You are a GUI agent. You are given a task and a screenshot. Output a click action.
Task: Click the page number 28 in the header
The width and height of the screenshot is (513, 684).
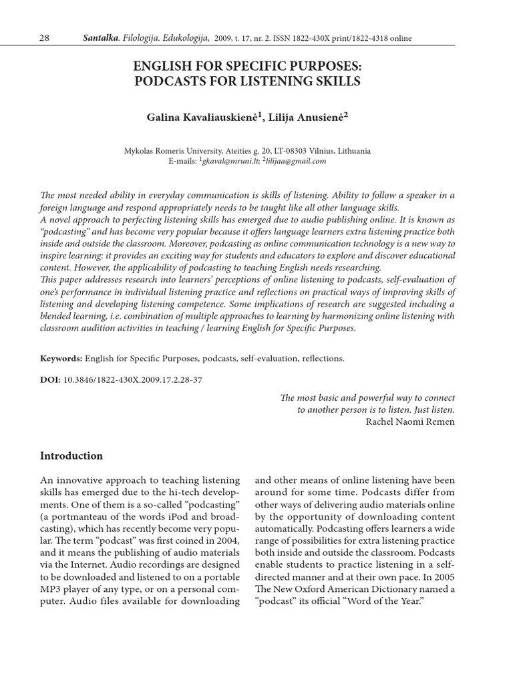click(x=45, y=38)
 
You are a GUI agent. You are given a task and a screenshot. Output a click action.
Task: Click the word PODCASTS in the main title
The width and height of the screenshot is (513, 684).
click(x=176, y=81)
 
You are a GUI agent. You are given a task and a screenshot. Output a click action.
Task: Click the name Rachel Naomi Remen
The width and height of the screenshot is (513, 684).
click(x=411, y=421)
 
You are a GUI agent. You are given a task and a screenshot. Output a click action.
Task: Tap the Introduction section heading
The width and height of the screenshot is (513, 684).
click(x=71, y=456)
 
